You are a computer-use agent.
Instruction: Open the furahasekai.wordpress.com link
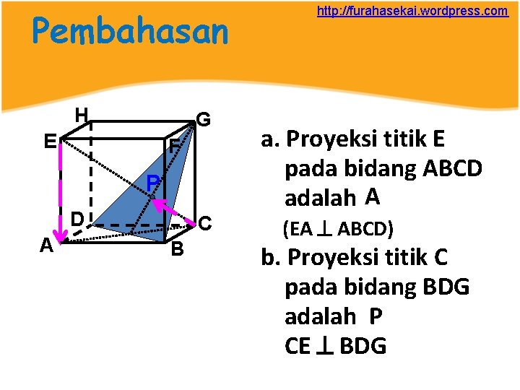(412, 12)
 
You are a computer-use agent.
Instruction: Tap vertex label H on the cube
(82, 115)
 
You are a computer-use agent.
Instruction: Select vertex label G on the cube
(204, 119)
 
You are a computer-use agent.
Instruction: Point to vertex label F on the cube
(174, 145)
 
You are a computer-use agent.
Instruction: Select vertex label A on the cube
(46, 246)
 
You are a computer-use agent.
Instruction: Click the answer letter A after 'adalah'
(372, 196)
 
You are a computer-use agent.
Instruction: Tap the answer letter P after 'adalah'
(376, 316)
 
